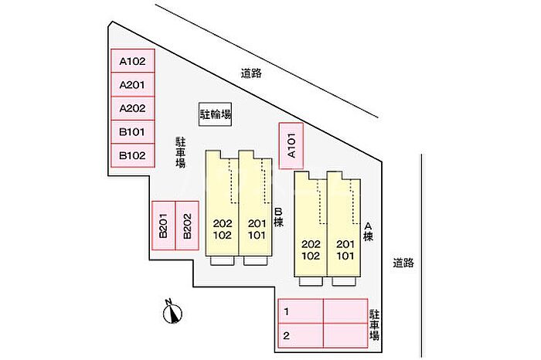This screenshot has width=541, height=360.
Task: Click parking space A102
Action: [132, 61]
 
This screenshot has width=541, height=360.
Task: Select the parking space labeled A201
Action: [132, 84]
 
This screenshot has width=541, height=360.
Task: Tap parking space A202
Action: [132, 108]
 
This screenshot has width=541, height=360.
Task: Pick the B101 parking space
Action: [132, 132]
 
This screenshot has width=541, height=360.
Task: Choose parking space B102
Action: [132, 155]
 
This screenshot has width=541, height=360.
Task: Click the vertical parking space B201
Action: [164, 226]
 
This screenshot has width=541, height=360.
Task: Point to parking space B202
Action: [187, 226]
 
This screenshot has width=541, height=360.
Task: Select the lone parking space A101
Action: [291, 146]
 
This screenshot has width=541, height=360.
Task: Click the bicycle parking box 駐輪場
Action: [216, 114]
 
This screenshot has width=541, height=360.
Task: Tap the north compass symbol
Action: [172, 312]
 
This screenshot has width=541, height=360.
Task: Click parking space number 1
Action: [301, 311]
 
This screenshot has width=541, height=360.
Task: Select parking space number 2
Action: [301, 335]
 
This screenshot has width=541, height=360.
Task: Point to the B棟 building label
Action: [278, 217]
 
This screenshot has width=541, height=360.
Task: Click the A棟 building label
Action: [368, 232]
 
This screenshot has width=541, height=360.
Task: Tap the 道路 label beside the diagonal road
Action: [251, 73]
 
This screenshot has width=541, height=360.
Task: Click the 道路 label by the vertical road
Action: [403, 263]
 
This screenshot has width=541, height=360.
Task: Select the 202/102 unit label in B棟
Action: [223, 229]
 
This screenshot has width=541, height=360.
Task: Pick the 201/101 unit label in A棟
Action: [345, 250]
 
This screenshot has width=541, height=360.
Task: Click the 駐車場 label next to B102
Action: [180, 152]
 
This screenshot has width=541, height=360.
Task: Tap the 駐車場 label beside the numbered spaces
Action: [374, 324]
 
